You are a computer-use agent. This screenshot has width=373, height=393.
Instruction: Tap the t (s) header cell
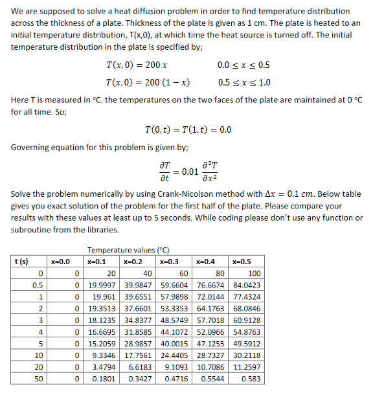tap(22, 262)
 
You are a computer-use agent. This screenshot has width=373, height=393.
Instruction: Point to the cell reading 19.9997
tap(102, 285)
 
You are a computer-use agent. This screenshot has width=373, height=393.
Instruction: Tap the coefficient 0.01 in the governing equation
tap(190, 172)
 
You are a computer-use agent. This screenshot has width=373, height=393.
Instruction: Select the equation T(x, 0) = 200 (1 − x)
tap(147, 83)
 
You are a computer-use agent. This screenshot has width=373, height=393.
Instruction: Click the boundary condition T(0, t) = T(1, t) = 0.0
tap(189, 129)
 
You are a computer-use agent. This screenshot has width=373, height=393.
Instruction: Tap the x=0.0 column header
tap(60, 262)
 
